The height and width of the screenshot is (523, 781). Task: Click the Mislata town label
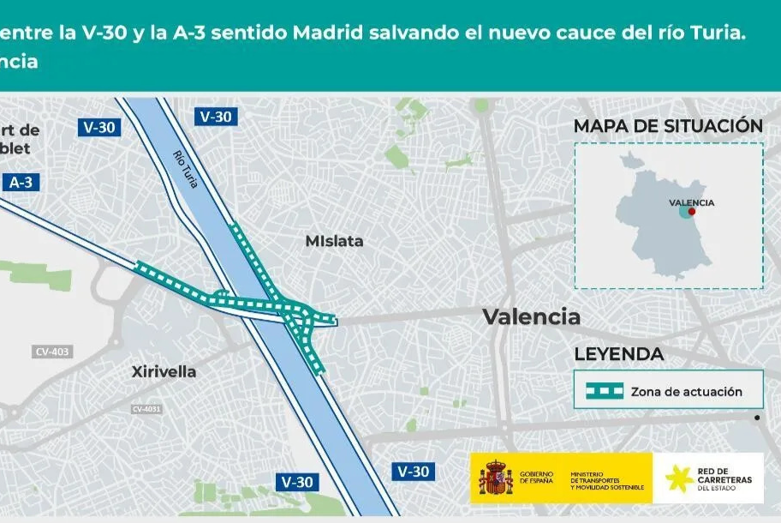[334, 242]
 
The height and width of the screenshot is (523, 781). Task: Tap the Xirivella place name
[164, 371]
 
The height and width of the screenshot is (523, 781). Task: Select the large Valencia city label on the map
[531, 316]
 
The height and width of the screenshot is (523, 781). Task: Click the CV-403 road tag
[53, 352]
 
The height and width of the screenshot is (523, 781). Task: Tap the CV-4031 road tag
[147, 409]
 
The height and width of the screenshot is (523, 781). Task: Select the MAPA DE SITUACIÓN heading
[668, 126]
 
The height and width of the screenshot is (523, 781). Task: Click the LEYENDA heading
[618, 354]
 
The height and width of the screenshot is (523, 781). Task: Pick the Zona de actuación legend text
[686, 392]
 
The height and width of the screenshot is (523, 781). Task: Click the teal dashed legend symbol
[605, 391]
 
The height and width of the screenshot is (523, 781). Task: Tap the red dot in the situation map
[692, 211]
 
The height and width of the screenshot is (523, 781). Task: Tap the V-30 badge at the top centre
[216, 117]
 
